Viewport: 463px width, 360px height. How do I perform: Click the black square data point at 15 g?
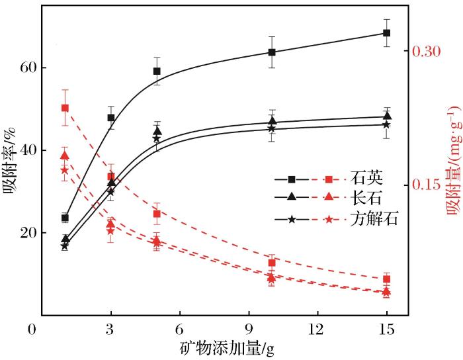387,33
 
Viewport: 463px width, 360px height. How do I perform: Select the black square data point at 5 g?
157,71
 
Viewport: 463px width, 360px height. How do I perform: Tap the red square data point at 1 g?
65,108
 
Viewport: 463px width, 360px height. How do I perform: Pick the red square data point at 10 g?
272,263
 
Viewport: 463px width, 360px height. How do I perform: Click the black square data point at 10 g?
272,52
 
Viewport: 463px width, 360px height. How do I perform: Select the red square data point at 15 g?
387,279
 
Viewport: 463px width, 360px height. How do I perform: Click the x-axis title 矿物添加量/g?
225,347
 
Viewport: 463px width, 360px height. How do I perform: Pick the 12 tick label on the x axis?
317,329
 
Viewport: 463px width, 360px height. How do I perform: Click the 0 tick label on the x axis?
32,329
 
